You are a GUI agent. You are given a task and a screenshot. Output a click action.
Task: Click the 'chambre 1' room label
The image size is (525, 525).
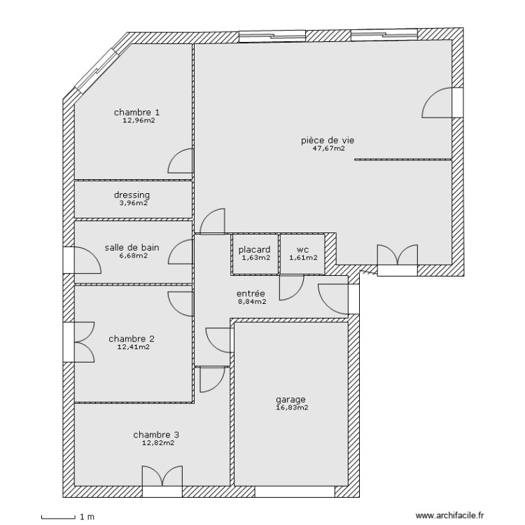[137, 112]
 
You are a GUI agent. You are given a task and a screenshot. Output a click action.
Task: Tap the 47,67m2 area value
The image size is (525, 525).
[328, 148]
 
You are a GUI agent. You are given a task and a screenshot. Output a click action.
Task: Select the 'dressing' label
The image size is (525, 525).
[132, 195]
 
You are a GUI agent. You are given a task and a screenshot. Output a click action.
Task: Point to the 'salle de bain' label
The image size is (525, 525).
[132, 247]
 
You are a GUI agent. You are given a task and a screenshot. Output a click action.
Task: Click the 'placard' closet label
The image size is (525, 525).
[255, 249]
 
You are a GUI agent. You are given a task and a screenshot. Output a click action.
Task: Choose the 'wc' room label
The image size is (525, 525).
[302, 249]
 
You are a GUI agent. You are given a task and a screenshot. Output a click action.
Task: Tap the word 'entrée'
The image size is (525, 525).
[250, 294]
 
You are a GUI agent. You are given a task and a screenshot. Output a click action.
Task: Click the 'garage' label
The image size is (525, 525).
[290, 400]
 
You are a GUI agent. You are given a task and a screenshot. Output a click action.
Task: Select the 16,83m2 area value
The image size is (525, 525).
[292, 407]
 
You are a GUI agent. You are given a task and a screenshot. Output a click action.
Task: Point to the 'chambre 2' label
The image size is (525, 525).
[132, 339]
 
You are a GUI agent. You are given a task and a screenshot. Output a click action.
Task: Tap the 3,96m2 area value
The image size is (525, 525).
[132, 203]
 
